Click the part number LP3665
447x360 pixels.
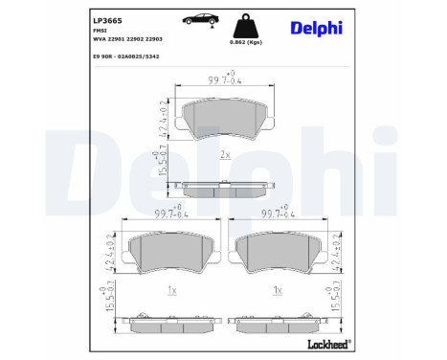(x=107, y=18)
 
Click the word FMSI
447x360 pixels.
(x=100, y=31)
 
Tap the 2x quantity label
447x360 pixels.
(x=223, y=155)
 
